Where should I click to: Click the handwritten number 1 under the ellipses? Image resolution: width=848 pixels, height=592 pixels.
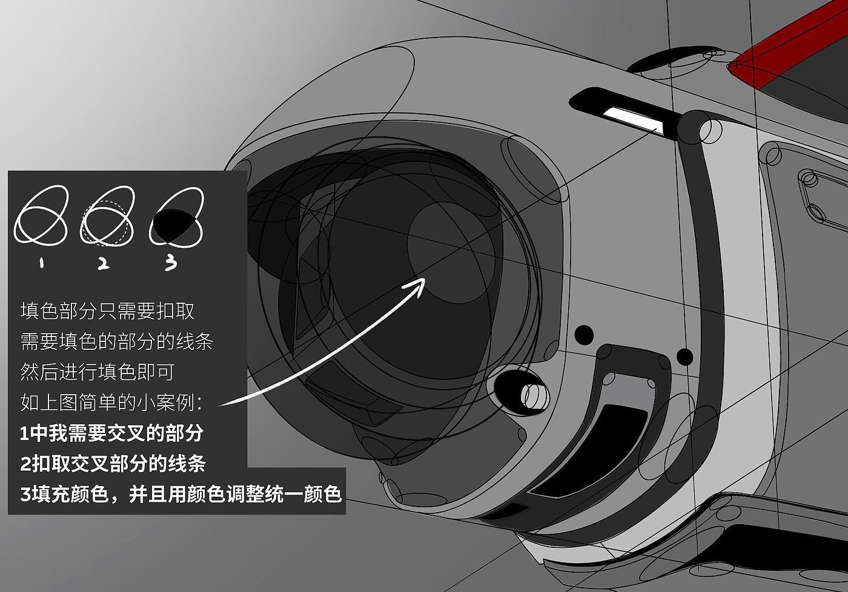coord(42,263)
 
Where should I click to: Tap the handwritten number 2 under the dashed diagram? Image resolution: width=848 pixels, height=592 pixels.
coord(104,263)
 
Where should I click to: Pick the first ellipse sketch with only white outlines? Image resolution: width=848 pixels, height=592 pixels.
coord(41,216)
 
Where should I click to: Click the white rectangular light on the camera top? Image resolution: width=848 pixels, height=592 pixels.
coord(630,117)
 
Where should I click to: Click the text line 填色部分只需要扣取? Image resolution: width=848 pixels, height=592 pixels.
coord(108,311)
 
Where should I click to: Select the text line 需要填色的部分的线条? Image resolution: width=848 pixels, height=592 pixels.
coord(117,341)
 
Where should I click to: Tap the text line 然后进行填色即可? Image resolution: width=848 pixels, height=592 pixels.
coord(98,372)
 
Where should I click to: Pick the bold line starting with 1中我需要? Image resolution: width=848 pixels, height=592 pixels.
coord(112,433)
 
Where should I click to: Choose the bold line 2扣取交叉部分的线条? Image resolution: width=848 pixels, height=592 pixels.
coord(113,464)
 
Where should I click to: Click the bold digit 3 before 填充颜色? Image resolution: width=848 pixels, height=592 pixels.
coord(25,495)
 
